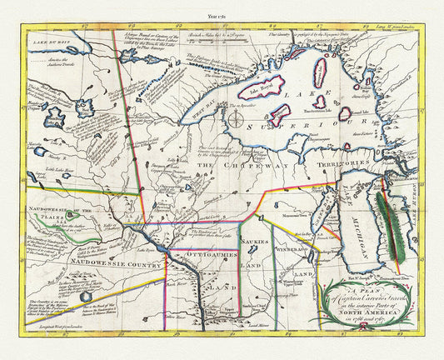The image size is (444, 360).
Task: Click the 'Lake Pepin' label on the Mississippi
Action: click(x=152, y=247)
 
